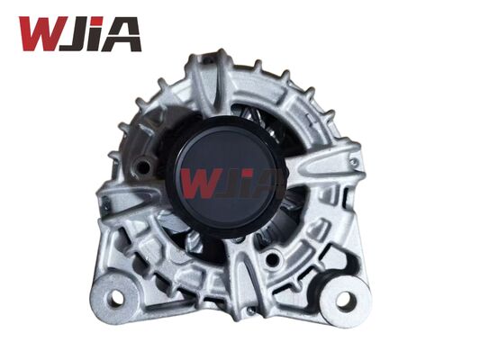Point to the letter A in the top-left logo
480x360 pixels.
point(123,34)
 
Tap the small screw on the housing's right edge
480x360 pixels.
point(354,162)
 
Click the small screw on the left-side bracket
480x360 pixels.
point(105,209)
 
